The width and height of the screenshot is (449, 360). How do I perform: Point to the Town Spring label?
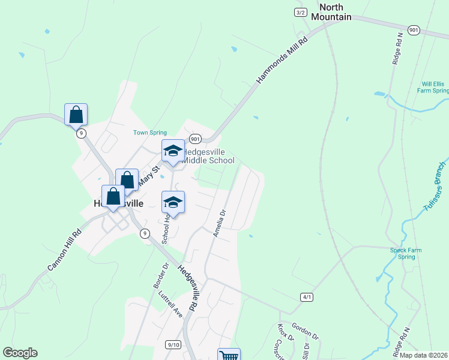point(149,133)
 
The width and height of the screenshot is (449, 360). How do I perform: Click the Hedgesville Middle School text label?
point(208,156)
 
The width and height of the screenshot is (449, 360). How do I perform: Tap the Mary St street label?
point(148,176)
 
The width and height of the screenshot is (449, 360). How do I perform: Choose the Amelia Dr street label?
point(219,223)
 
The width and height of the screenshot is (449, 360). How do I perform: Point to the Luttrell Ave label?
point(170,304)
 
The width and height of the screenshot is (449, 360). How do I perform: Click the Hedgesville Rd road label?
point(188,288)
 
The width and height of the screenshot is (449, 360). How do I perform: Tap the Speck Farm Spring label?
point(406,253)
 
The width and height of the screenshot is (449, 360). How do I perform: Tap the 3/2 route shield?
point(301,13)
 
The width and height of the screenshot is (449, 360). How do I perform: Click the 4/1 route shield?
point(307,297)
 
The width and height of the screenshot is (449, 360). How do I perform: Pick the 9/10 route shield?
point(173,344)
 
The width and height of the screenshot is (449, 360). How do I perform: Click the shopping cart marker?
point(229,355)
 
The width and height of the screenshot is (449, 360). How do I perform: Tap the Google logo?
point(20,353)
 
